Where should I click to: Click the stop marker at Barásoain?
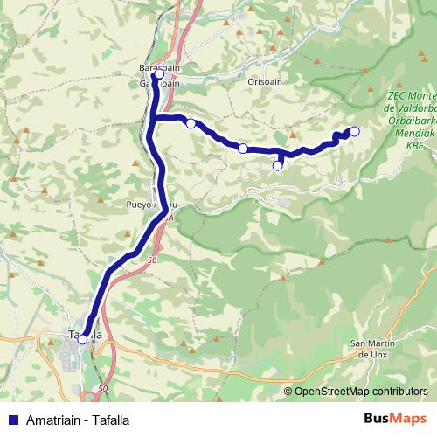[158, 75]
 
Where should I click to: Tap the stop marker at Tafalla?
[82, 339]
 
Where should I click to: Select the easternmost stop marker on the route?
[354, 132]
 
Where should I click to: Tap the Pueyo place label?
[140, 205]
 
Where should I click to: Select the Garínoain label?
[157, 84]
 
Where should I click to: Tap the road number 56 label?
[153, 260]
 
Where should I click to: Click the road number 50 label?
[103, 388]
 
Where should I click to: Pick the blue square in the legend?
[11, 420]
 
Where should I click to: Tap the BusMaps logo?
[395, 420]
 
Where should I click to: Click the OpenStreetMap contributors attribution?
[361, 392]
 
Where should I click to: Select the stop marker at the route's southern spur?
[278, 165]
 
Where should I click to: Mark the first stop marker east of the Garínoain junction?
[191, 123]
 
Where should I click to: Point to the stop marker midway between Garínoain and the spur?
[243, 148]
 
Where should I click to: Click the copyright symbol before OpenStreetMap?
[288, 392]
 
